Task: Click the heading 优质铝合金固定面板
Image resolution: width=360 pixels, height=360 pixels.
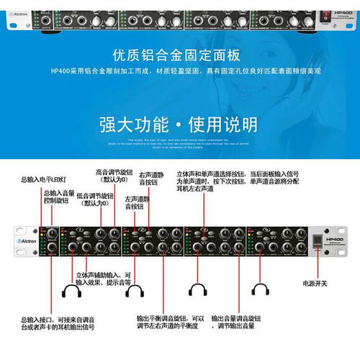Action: click(x=179, y=55)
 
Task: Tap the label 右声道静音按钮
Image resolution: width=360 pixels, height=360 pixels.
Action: click(x=153, y=179)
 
